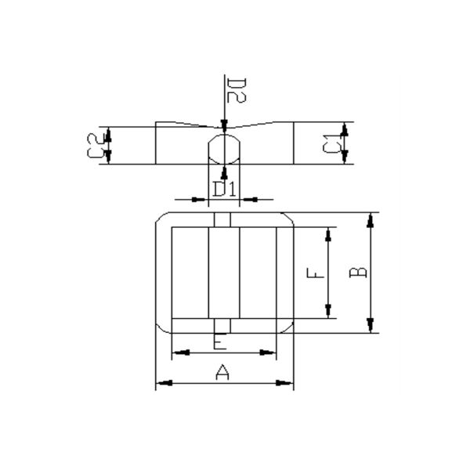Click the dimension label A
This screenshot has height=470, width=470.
click(222, 372)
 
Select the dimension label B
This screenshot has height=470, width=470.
click(358, 272)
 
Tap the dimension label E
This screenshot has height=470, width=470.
click(220, 341)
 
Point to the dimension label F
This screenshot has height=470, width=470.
click(316, 273)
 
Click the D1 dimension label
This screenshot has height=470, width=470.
click(224, 189)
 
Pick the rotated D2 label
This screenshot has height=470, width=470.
click(237, 90)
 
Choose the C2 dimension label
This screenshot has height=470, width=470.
click(96, 146)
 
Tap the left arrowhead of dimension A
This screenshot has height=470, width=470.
click(164, 383)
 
